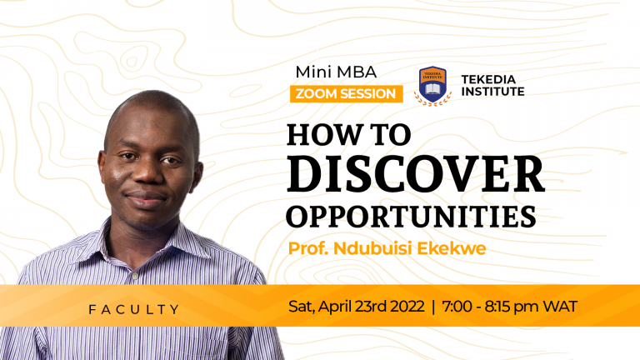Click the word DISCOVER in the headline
pyautogui.click(x=415, y=172)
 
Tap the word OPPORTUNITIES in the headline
pyautogui.click(x=411, y=214)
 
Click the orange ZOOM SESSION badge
pyautogui.click(x=346, y=93)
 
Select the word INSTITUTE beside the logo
pyautogui.click(x=492, y=91)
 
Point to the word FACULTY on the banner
pyautogui.click(x=134, y=309)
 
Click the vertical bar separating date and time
pyautogui.click(x=434, y=306)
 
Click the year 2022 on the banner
pyautogui.click(x=404, y=306)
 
